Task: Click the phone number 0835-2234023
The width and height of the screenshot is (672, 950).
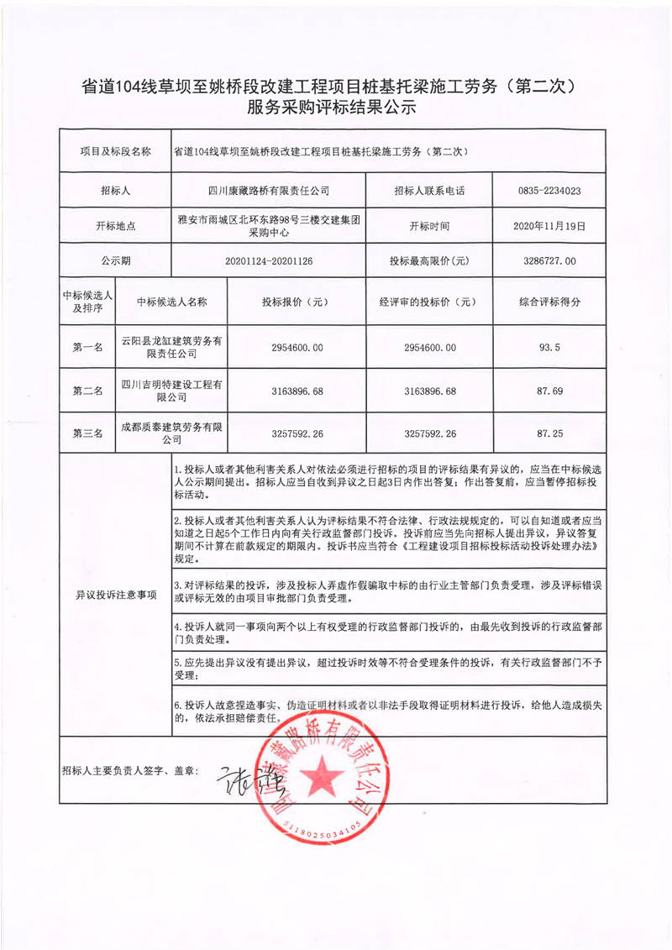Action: [x=549, y=191]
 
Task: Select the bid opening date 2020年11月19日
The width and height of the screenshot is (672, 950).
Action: [x=549, y=226]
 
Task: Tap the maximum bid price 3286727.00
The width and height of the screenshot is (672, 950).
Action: [x=549, y=261]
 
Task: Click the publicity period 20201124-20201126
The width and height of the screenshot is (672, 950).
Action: [x=268, y=261]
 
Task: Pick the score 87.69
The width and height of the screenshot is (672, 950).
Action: [x=549, y=391]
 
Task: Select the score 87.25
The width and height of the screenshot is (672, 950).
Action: [x=549, y=433]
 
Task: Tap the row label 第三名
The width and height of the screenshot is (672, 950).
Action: [x=87, y=433]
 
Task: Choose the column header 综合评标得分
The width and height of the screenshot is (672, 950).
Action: [x=549, y=302]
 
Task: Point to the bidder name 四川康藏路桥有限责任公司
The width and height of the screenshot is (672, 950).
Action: [x=268, y=191]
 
